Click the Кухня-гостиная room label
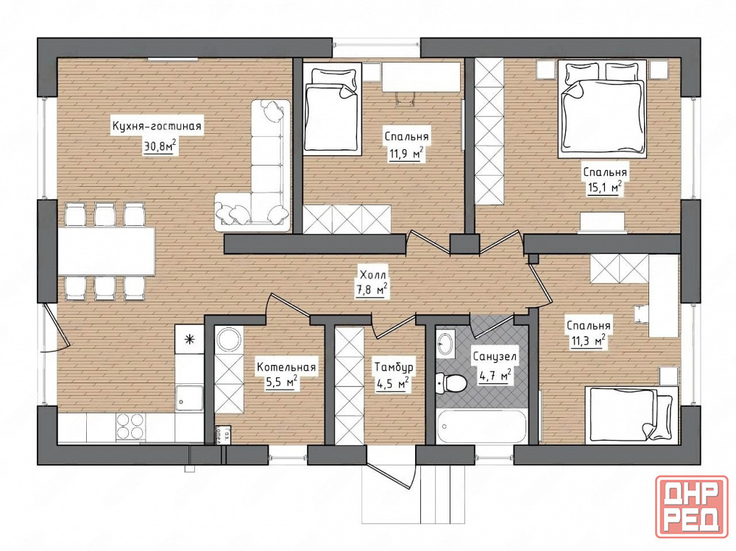(x=156, y=127)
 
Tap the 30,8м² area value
(x=160, y=146)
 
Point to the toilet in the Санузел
(x=450, y=383)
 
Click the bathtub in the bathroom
(x=481, y=427)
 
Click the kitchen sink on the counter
(x=188, y=397)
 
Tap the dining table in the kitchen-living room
(x=107, y=251)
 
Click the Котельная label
(x=286, y=368)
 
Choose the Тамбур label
(x=393, y=368)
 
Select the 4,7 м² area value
(x=495, y=377)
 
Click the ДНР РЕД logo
(x=692, y=512)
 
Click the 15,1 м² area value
(x=605, y=188)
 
